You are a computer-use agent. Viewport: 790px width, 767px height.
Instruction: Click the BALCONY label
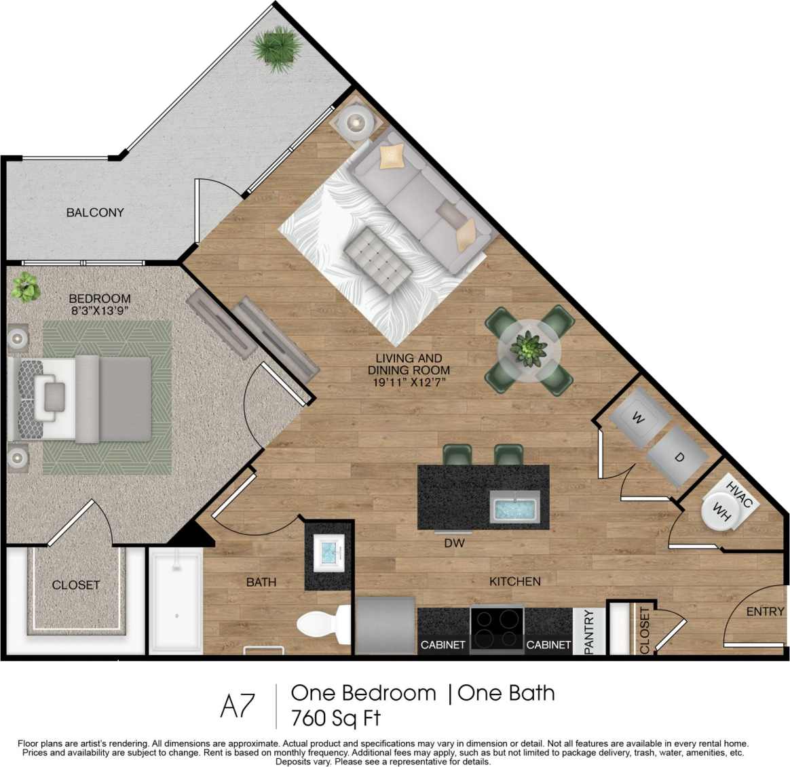pos(95,212)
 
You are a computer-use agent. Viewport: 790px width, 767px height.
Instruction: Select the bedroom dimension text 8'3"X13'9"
pos(99,311)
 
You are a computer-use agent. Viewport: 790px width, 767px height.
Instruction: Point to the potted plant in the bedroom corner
pos(26,288)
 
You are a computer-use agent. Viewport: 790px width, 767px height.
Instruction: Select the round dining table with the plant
pos(529,351)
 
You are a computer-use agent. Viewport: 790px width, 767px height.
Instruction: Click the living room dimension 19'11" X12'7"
pos(409,382)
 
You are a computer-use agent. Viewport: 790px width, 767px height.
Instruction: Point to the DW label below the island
pos(454,543)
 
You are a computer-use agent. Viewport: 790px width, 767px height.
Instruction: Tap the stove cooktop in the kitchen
pos(497,630)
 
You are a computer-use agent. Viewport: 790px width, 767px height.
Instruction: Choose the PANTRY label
pos(589,631)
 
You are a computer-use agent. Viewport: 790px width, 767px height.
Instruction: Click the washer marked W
pos(637,418)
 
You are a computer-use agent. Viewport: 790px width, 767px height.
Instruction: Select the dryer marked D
pos(679,457)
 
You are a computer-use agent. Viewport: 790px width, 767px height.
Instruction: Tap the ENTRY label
pos(765,611)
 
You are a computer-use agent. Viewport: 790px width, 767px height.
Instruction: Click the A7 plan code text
pos(238,706)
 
